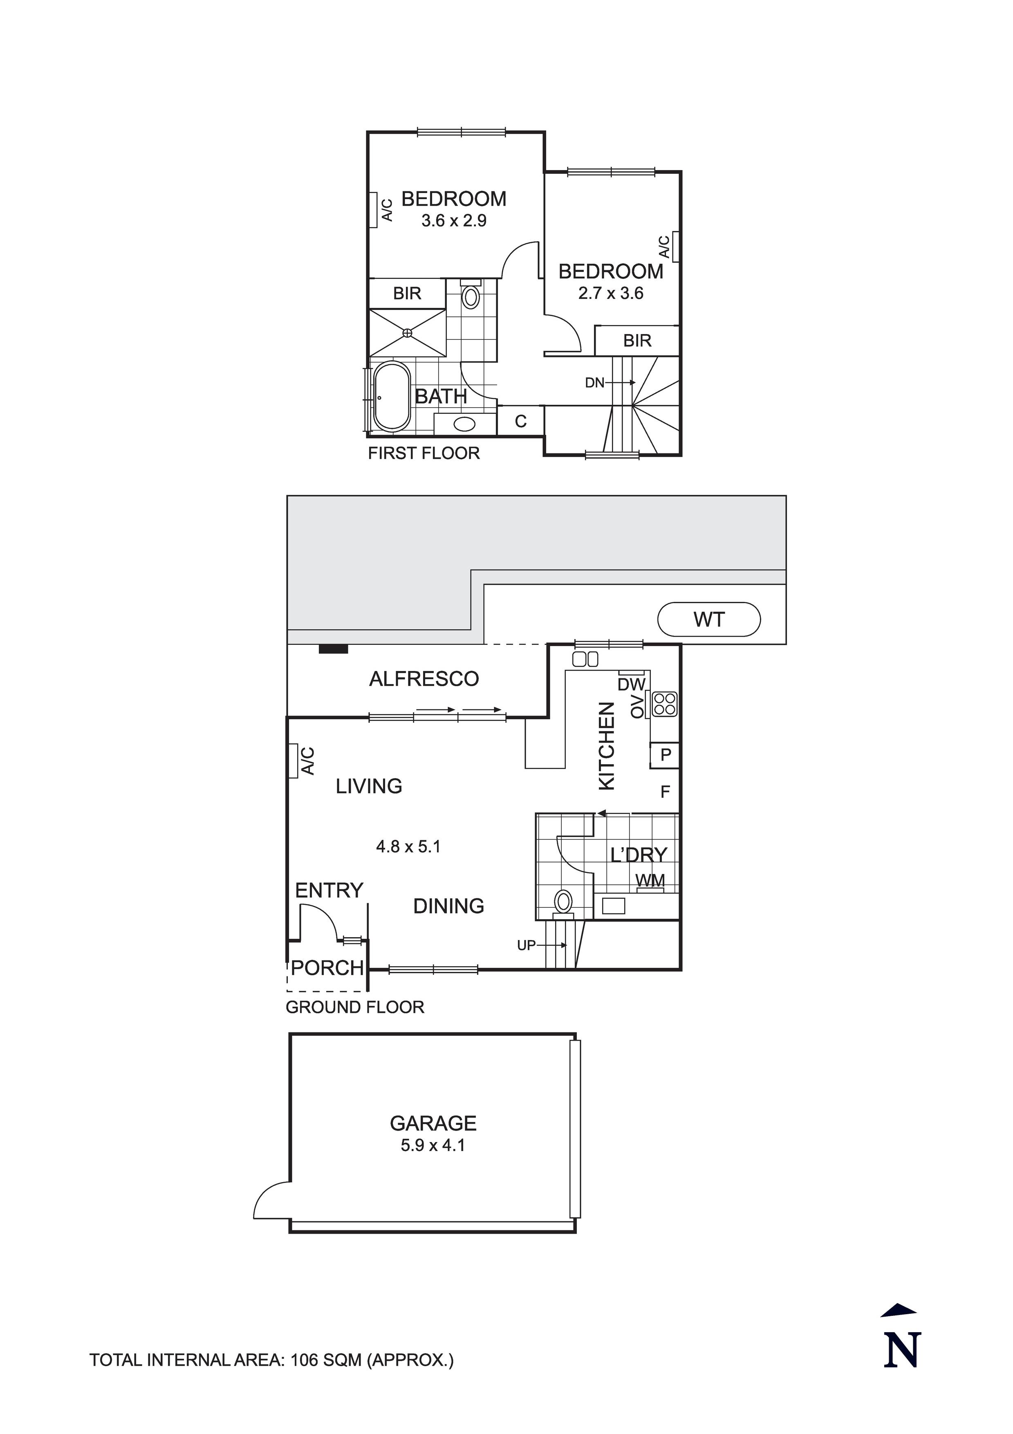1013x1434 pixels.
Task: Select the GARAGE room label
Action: tap(433, 1123)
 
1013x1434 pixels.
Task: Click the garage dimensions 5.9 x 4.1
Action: tap(433, 1145)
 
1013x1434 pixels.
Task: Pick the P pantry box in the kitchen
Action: tap(665, 754)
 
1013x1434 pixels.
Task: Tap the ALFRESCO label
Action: tap(424, 679)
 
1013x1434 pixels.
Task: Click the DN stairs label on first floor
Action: tap(594, 383)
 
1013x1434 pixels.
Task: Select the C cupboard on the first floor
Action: tap(520, 422)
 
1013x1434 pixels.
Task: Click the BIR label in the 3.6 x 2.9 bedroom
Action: tap(407, 293)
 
